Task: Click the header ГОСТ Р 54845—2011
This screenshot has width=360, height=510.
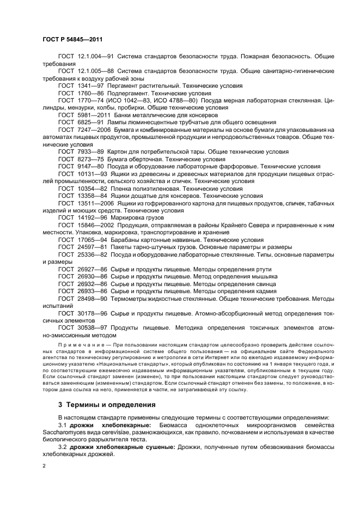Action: pyautogui.click(x=72, y=40)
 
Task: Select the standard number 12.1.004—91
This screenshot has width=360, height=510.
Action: pyautogui.click(x=94, y=57)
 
